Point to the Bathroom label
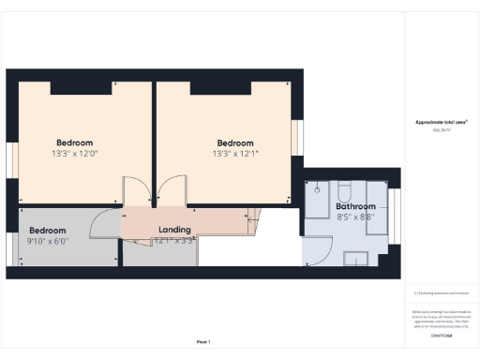pos(355,206)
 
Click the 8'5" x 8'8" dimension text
pos(355,217)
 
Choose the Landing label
pos(175,230)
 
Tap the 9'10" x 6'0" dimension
pos(47,241)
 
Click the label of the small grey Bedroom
pos(47,231)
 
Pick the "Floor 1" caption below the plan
pos(203,341)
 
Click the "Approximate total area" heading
pos(441,123)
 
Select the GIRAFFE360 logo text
pos(442,335)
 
